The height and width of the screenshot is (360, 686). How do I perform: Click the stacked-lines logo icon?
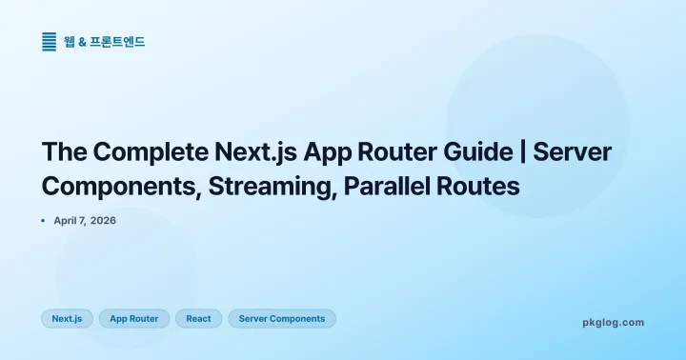click(x=50, y=42)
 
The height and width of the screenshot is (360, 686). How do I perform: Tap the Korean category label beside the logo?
click(x=105, y=42)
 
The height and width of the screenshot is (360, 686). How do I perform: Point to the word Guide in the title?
click(x=488, y=152)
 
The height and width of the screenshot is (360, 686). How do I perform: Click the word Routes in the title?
click(x=484, y=186)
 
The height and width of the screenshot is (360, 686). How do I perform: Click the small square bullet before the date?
click(x=44, y=220)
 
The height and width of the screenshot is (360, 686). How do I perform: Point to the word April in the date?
click(x=70, y=220)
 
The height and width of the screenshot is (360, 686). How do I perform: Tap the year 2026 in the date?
click(x=103, y=220)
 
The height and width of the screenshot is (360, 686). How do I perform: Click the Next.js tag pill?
click(x=67, y=318)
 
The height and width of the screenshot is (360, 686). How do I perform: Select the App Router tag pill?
click(x=134, y=318)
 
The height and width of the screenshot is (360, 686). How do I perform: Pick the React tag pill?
click(x=199, y=318)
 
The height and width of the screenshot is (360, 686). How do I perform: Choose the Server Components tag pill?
click(x=282, y=318)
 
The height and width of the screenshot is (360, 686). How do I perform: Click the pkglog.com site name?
click(x=613, y=322)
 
